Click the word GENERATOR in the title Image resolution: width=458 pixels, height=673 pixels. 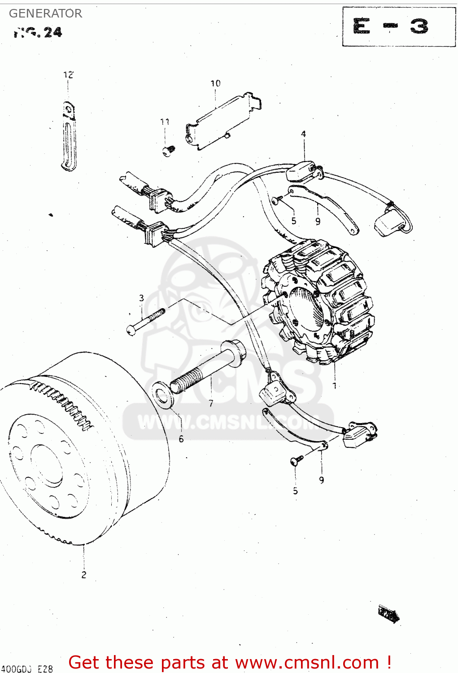tap(45, 13)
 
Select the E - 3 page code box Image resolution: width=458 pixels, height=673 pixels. tap(399, 26)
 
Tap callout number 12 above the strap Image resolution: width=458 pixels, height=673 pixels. tap(68, 75)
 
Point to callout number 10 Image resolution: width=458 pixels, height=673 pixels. tap(215, 83)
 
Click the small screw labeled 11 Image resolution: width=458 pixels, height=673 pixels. tap(168, 151)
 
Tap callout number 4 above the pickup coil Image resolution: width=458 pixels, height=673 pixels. tap(304, 134)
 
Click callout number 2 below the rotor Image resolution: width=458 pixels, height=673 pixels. tap(84, 575)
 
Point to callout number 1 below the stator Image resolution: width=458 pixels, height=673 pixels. tap(334, 385)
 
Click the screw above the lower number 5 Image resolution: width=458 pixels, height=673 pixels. tap(297, 460)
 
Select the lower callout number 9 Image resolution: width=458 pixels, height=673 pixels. tap(321, 480)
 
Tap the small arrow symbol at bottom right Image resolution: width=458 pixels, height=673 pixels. tap(388, 614)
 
